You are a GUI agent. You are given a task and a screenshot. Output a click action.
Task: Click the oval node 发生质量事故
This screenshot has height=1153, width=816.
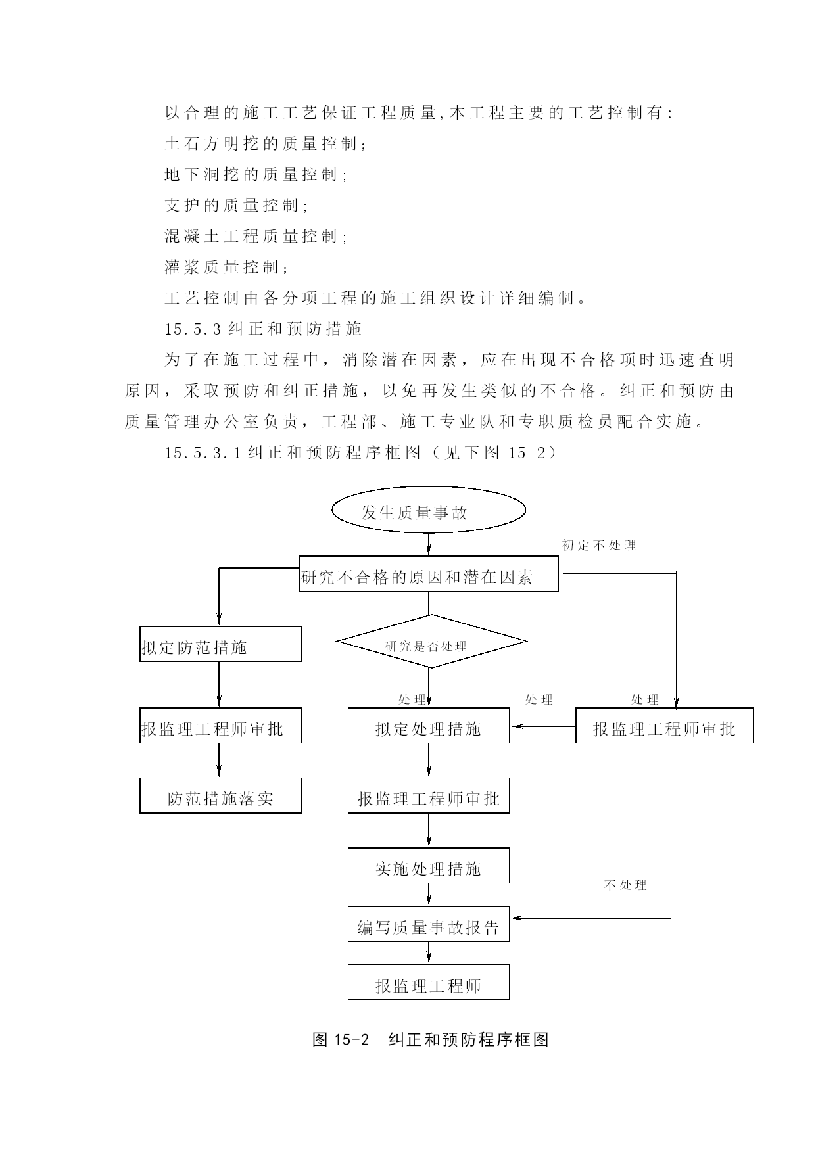click(429, 510)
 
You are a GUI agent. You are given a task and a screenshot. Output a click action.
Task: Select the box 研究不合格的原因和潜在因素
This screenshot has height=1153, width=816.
click(429, 574)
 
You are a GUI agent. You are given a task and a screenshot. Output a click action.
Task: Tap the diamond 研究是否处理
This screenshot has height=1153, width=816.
click(431, 642)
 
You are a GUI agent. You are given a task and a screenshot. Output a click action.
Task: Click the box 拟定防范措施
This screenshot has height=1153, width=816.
click(221, 644)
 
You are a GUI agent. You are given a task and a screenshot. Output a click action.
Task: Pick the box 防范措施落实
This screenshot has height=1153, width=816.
click(221, 795)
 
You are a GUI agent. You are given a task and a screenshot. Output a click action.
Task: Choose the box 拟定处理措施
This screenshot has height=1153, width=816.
click(429, 726)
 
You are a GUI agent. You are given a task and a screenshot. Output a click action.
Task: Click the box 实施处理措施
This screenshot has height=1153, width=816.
click(429, 866)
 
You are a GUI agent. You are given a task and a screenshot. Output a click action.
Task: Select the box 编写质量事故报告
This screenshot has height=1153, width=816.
click(429, 924)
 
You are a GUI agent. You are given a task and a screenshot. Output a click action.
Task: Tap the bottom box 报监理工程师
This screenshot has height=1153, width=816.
click(429, 983)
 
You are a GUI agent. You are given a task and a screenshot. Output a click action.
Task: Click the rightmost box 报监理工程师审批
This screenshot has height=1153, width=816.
click(665, 726)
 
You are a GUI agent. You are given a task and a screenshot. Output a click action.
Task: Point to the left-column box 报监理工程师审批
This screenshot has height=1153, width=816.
click(221, 726)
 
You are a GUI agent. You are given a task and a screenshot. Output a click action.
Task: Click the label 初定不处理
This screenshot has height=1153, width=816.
click(599, 545)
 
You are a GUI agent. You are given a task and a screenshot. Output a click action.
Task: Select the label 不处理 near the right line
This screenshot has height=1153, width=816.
click(625, 885)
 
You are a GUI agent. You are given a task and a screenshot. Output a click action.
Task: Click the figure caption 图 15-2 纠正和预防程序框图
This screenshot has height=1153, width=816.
click(431, 1039)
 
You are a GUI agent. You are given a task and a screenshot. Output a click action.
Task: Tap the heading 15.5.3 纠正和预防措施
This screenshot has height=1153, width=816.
click(263, 329)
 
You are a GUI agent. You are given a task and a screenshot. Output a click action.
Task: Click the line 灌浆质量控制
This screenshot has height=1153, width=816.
click(226, 267)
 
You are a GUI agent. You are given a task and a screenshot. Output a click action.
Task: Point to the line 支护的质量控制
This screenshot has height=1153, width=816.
click(235, 205)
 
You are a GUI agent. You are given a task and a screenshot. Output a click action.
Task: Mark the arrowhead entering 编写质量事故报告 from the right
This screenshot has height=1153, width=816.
click(516, 918)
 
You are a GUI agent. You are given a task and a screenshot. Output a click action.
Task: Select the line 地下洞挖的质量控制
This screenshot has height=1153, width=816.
click(255, 174)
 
